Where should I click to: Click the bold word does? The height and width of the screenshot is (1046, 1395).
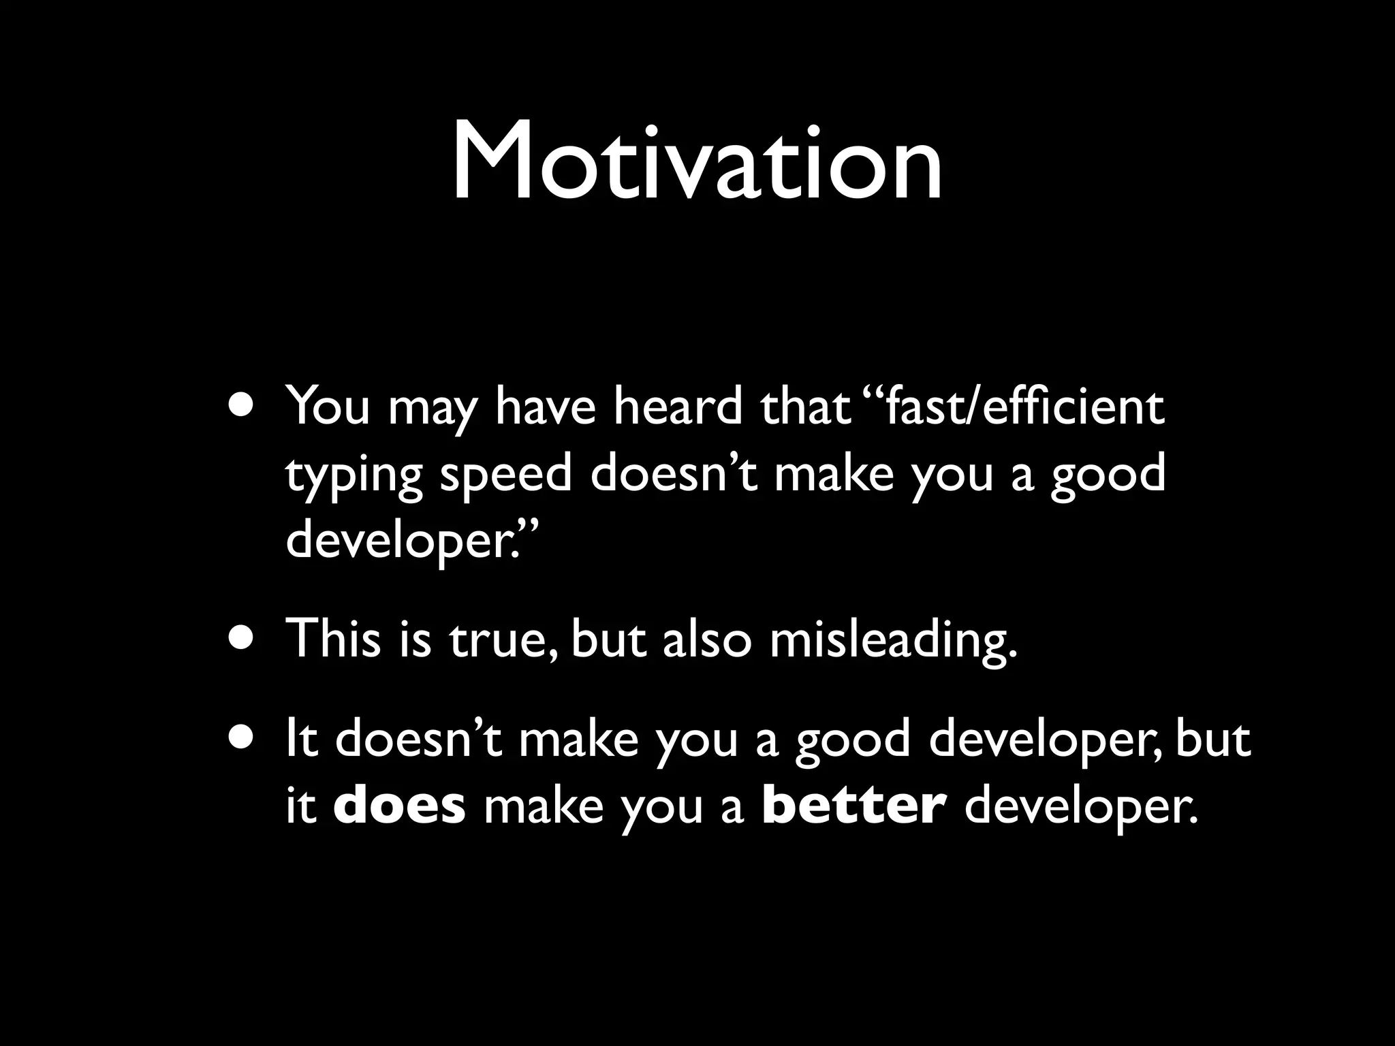pyautogui.click(x=400, y=806)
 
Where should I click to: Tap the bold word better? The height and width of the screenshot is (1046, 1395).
pyautogui.click(x=854, y=806)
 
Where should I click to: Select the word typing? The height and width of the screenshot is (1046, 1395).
pyautogui.click(x=354, y=477)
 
